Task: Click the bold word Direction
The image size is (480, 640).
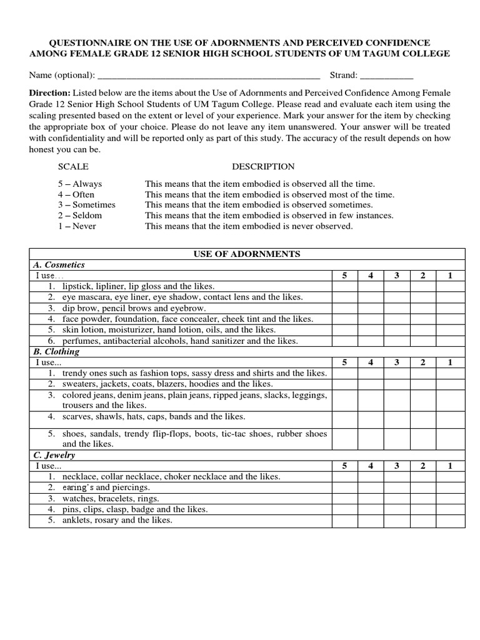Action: [50, 92]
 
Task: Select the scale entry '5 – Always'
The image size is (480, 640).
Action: [80, 184]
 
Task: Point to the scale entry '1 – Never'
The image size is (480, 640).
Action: [77, 226]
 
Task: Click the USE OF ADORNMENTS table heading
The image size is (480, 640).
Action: [247, 254]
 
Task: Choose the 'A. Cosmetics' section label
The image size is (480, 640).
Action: [59, 265]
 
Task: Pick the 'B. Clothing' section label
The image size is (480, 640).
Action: [56, 352]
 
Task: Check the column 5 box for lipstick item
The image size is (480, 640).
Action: [344, 286]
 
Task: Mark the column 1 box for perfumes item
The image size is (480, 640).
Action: [450, 341]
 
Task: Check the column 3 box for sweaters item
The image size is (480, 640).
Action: [397, 384]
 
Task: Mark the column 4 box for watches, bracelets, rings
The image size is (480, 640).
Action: [371, 499]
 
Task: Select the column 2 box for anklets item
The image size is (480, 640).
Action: [423, 521]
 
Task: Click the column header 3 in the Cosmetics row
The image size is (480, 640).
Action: [397, 276]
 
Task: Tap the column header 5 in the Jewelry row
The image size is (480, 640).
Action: [344, 466]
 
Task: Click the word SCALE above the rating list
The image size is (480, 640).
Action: [73, 167]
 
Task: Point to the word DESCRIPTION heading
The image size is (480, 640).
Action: [263, 167]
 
